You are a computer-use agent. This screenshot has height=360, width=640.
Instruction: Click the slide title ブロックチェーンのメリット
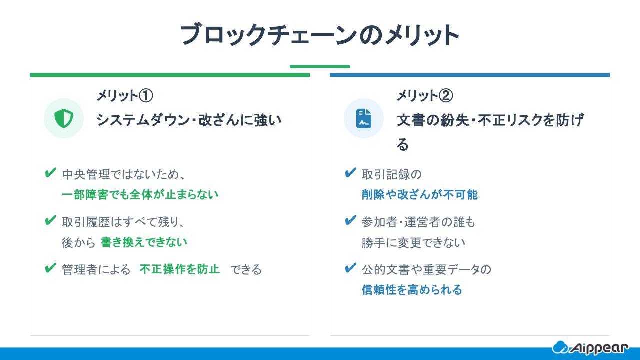[319, 35]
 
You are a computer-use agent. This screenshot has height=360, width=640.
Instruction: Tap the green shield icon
[64, 118]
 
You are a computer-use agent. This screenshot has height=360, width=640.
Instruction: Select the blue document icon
[364, 118]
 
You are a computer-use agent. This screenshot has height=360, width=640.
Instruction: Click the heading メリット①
[124, 95]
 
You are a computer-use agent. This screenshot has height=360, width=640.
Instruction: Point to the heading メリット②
[425, 95]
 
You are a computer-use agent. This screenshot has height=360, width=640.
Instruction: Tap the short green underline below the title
[319, 66]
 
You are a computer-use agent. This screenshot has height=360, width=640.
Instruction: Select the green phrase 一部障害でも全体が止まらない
[140, 194]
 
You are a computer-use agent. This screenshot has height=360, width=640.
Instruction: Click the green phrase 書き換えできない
[144, 242]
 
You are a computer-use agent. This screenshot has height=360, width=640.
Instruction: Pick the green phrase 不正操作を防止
[180, 269]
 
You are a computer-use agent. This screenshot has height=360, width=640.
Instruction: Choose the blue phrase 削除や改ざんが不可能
[420, 194]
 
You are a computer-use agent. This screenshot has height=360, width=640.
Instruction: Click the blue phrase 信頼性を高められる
[412, 290]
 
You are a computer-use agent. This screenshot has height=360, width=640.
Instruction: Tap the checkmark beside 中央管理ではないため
[50, 173]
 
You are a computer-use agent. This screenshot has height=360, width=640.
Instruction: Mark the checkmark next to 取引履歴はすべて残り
[50, 220]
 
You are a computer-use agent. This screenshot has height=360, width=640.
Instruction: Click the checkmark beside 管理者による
[50, 268]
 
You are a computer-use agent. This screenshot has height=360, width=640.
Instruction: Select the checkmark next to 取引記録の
[350, 173]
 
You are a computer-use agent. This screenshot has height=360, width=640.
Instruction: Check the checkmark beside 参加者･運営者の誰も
[350, 220]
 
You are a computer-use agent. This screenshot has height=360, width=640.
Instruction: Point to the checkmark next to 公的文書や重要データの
[350, 268]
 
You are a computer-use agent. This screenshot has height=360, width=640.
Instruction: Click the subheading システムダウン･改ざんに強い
[189, 120]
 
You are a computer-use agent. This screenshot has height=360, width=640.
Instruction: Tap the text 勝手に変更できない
[413, 242]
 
